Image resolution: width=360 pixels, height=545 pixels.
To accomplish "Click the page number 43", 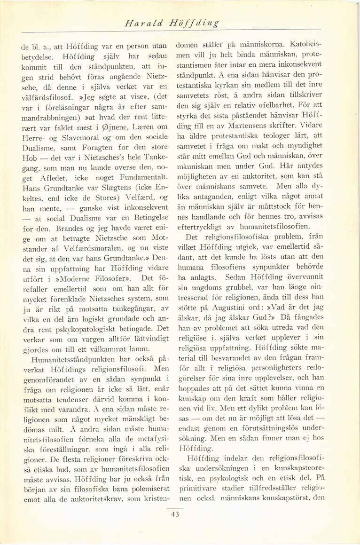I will [175, 514].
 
